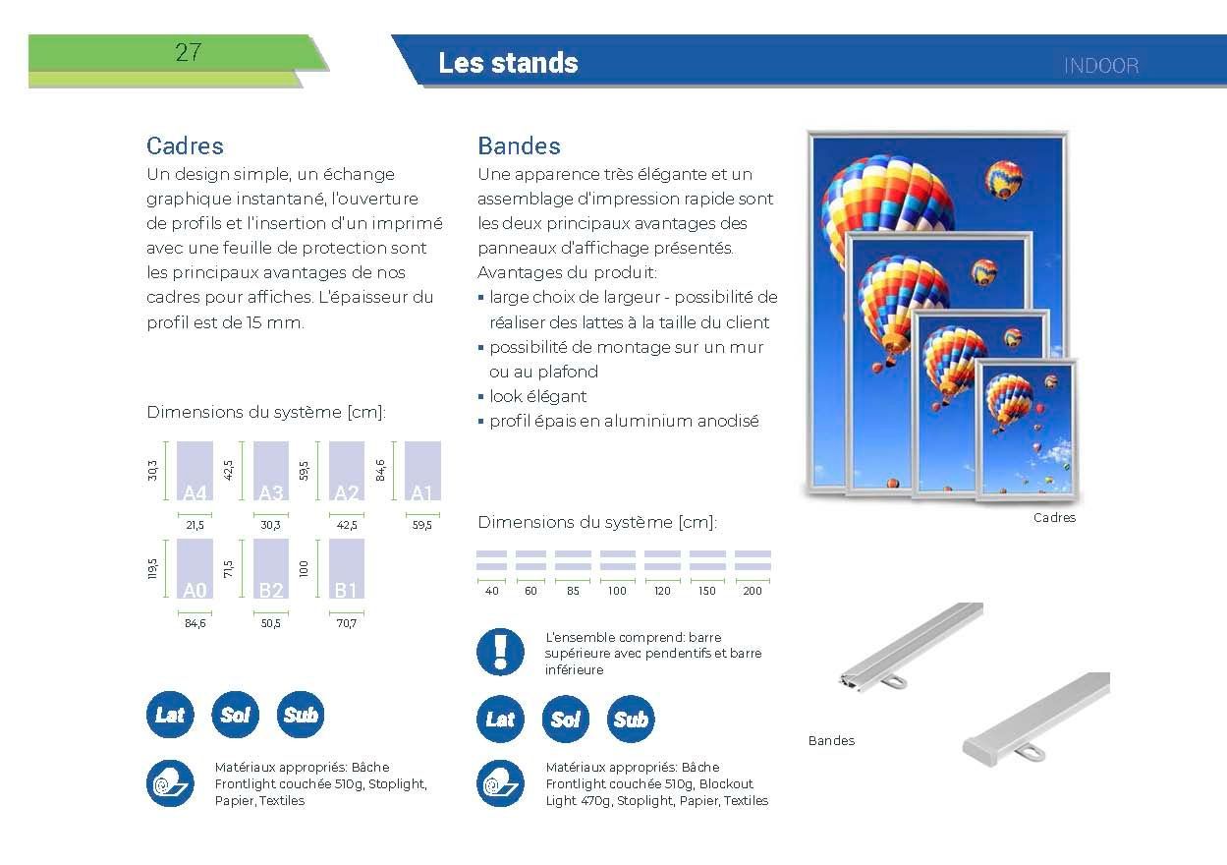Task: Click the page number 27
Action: coord(188,53)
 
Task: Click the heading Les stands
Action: coord(508,63)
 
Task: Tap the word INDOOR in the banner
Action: coord(1100,66)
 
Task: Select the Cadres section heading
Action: coord(185,145)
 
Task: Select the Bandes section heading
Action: coord(519,145)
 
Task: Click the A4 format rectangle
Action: coord(195,472)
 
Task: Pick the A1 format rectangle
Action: coord(421,472)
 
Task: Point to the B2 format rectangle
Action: coord(271,569)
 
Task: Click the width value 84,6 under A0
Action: coord(195,622)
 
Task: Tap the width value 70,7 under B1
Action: coord(346,622)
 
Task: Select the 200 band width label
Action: coord(753,591)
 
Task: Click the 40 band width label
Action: coord(491,591)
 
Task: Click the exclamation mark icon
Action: coord(500,651)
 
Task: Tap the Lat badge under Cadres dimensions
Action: coord(170,715)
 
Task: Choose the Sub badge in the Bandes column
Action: coord(631,720)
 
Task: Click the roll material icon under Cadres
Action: coord(170,783)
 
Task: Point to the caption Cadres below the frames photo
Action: coord(1054,518)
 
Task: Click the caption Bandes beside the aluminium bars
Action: coord(831,741)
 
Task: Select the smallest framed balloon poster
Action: coord(1026,429)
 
